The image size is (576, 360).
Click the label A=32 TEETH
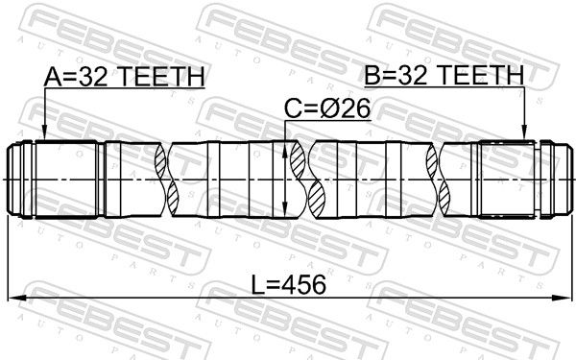coord(124,77)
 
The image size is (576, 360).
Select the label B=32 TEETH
coord(444,75)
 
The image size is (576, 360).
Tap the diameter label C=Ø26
coord(327,108)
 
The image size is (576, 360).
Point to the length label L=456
coord(289,285)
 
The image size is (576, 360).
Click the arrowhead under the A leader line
coord(44,132)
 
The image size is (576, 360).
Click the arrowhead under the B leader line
coord(524,132)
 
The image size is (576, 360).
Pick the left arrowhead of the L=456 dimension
coord(16,298)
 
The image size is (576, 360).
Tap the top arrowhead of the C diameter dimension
coord(285,150)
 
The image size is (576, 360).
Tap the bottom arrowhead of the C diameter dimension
coord(285,208)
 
